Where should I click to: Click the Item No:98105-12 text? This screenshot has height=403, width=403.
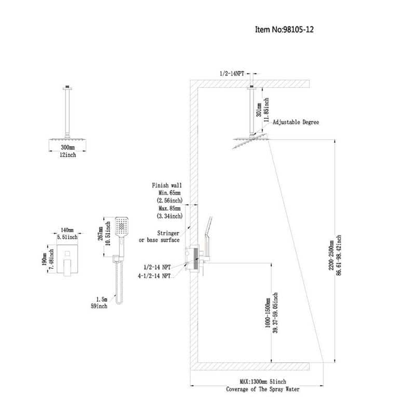tap(284, 29)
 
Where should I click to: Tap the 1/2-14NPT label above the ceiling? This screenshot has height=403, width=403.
tap(232, 74)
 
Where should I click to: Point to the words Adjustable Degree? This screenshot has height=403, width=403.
tap(296, 122)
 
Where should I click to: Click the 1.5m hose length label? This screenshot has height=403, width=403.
tap(102, 299)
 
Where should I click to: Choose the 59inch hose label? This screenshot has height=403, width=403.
tap(100, 306)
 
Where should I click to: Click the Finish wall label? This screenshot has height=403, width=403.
tap(167, 185)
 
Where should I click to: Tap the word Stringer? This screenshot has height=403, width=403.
tap(168, 233)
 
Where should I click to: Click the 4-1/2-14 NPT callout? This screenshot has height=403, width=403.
tap(154, 276)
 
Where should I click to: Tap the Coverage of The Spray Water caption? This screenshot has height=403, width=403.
tap(263, 389)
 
